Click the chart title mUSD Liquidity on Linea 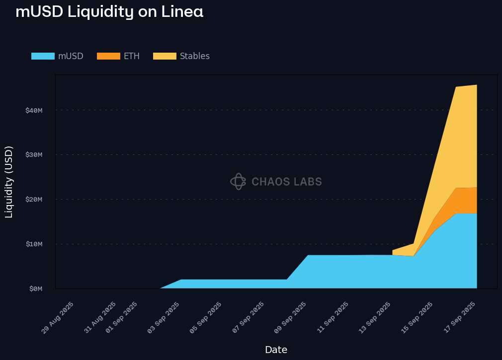[109, 11]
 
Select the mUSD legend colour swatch [43, 56]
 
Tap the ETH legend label [132, 56]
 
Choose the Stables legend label [195, 56]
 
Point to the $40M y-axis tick [34, 110]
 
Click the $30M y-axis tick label [34, 154]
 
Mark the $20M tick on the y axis [34, 199]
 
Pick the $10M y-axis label [34, 244]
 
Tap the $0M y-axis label [36, 288]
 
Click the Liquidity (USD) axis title [9, 182]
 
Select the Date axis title [276, 350]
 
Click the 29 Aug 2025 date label [58, 317]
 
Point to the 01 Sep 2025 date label [121, 317]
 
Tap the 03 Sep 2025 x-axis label [164, 317]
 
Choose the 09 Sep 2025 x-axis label [290, 317]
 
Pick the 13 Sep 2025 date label [375, 317]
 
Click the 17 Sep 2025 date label [459, 317]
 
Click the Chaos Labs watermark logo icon [238, 182]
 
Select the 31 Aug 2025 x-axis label [100, 317]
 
